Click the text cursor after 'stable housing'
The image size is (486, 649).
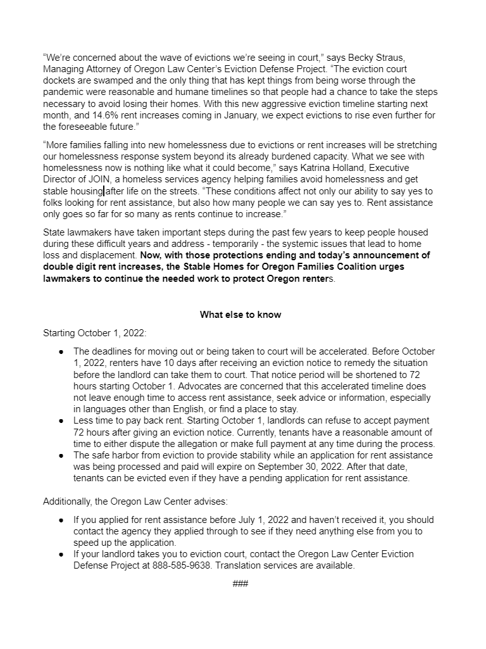tap(104, 191)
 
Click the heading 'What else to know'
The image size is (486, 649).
tap(240, 314)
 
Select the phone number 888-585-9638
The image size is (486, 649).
tap(180, 565)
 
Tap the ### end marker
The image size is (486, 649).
tap(240, 583)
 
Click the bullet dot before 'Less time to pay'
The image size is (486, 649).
tap(61, 421)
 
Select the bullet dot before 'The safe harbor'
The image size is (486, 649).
tap(61, 455)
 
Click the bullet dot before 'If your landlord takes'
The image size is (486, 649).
tap(61, 554)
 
